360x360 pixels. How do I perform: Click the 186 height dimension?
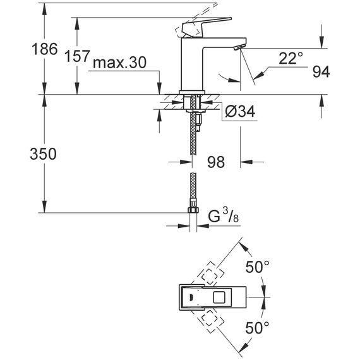pos(45,49)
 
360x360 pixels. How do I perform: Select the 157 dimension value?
pos(77,56)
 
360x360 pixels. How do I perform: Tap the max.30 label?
pos(119,63)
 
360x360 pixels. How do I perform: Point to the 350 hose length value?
pos(43,154)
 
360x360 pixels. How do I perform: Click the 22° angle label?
pos(291,58)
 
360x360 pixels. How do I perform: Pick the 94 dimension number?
pos(321,71)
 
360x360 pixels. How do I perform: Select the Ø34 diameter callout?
pos(240,112)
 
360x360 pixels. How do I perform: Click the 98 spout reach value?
pos(216,162)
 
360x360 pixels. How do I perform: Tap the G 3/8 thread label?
pos(223,217)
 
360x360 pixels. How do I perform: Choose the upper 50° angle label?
pos(257,267)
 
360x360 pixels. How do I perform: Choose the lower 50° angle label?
pos(257,328)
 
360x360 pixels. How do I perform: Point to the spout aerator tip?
pos(239,47)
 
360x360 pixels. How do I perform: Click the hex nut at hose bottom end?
pos(193,210)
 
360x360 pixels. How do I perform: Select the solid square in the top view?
pos(220,297)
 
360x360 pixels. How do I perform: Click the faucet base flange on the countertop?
pos(192,92)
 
